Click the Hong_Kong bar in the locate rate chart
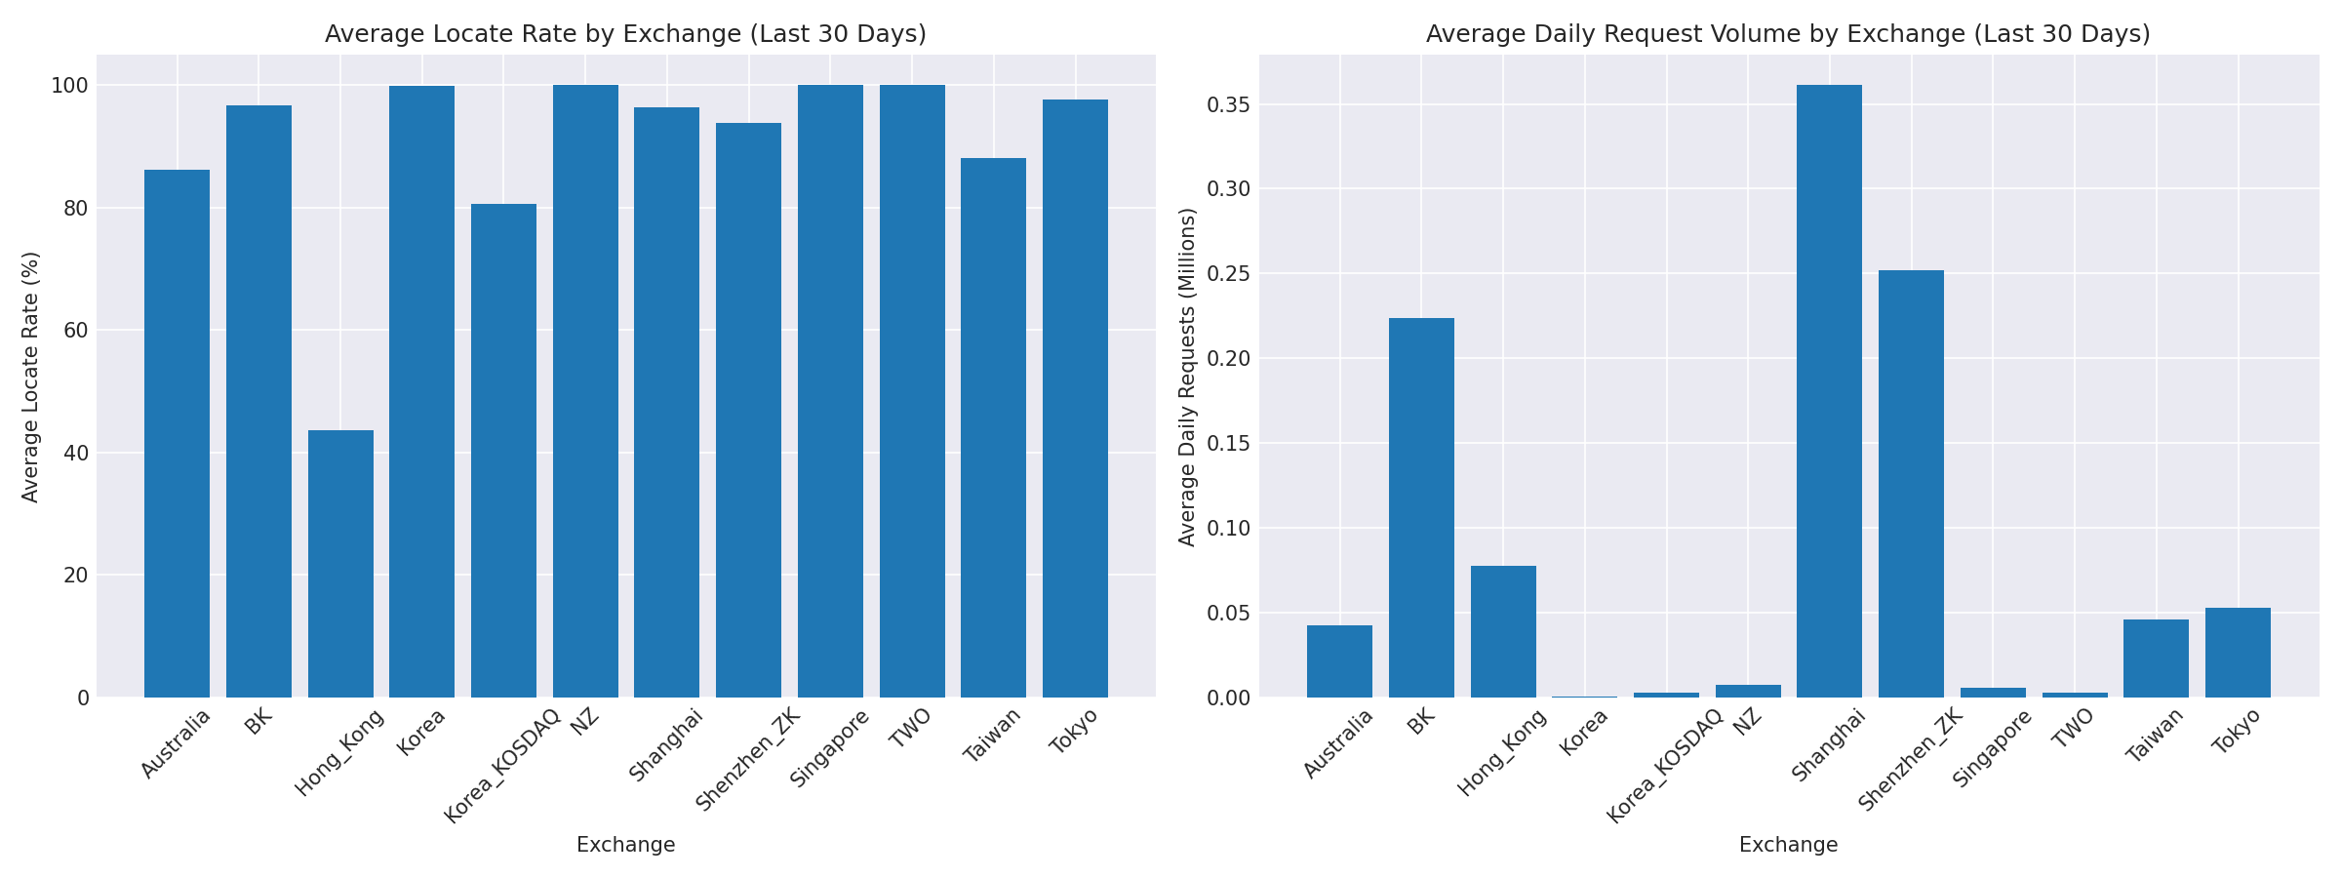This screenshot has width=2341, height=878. click(340, 564)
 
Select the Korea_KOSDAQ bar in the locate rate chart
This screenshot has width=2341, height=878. click(503, 451)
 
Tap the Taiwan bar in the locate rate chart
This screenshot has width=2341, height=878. click(993, 427)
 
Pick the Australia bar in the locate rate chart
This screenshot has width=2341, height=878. click(177, 433)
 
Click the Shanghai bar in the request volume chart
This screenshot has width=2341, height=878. click(1829, 390)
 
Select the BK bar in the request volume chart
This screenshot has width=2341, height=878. click(1421, 507)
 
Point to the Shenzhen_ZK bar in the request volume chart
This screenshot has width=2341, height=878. click(1911, 484)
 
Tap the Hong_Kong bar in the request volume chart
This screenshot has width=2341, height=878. click(1503, 631)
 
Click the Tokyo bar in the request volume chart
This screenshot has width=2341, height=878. click(2238, 653)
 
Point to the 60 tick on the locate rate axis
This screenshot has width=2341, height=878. click(75, 331)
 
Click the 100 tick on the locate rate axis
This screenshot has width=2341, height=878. click(69, 86)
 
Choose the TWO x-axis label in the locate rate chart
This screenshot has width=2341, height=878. click(910, 728)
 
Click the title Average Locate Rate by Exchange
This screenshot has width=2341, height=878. click(625, 34)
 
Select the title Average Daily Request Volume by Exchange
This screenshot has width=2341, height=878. click(1788, 34)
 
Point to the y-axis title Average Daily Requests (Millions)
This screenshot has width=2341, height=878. click(1187, 377)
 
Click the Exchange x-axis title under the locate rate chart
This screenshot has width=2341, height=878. click(625, 845)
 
